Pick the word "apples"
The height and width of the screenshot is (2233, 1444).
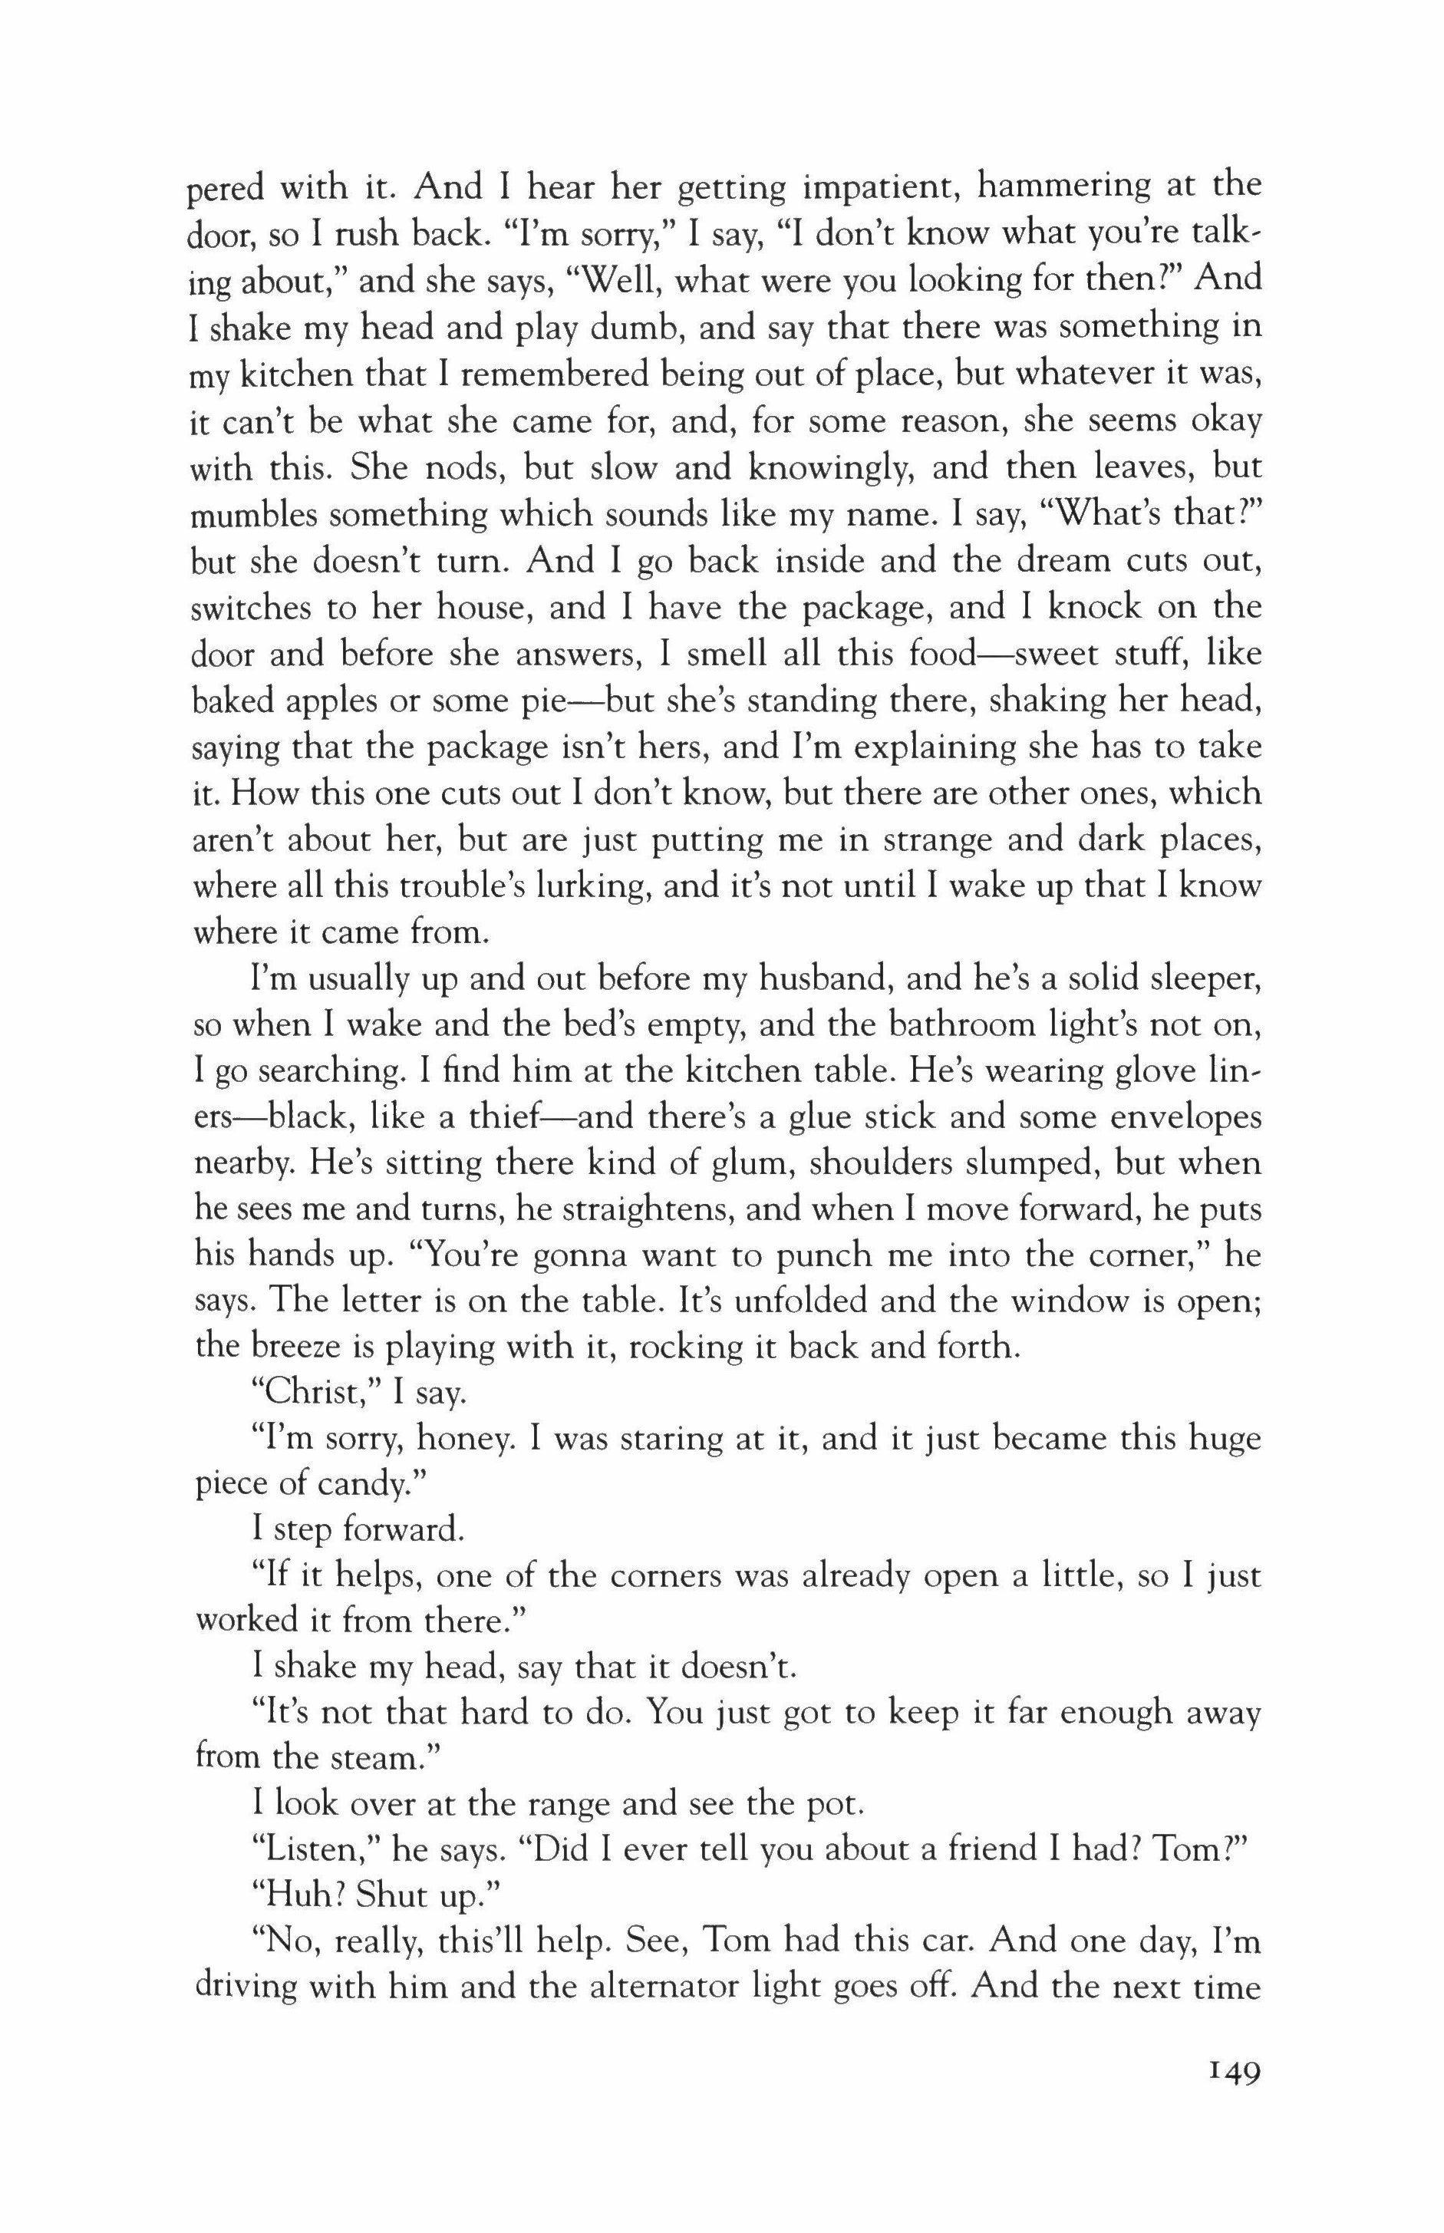[305, 701]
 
